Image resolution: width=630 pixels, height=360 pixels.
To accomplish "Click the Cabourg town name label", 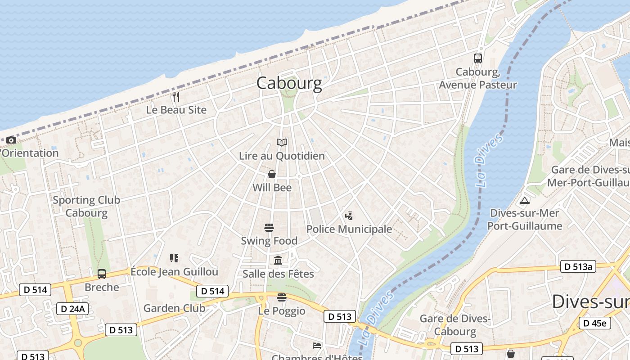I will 289,83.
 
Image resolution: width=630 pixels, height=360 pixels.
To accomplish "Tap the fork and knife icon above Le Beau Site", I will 176,96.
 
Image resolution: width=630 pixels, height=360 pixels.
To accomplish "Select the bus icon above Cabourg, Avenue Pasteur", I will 477,58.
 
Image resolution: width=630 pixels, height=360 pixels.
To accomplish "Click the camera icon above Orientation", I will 11,140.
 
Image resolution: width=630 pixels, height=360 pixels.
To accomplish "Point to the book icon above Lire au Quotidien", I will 282,143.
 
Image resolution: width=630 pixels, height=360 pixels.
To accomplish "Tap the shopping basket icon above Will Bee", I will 272,174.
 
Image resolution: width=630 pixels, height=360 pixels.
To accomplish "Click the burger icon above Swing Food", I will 269,228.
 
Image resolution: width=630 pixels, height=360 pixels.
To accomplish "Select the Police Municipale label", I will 349,229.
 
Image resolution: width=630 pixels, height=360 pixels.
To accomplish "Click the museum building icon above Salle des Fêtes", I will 278,261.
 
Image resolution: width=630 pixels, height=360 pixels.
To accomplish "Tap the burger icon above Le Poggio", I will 282,297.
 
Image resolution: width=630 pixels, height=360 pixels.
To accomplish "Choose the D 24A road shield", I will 72,309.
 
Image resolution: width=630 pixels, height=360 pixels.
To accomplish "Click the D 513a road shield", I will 578,266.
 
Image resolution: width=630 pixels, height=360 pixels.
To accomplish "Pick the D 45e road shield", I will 594,323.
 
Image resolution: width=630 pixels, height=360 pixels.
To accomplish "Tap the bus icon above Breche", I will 102,274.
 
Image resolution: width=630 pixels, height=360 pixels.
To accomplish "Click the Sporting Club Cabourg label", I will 86,207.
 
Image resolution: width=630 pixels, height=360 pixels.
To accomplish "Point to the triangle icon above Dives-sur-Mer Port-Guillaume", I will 524,201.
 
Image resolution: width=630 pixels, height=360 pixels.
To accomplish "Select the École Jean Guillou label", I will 174,272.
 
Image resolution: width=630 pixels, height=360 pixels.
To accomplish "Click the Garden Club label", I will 174,308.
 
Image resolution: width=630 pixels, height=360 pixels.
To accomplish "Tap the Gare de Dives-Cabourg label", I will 454,325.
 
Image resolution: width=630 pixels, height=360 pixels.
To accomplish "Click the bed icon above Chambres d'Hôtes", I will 317,346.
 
